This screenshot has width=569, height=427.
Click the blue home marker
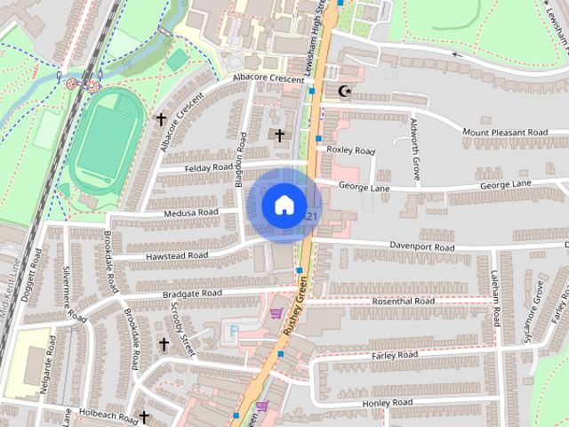(284, 205)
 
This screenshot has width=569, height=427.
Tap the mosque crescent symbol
(345, 91)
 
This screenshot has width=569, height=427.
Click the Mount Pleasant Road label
(504, 133)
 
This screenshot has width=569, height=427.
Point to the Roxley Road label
(351, 150)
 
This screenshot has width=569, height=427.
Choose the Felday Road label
(208, 167)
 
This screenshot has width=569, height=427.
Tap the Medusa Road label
(190, 213)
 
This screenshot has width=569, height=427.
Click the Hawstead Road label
(178, 255)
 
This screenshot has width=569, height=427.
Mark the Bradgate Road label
(192, 293)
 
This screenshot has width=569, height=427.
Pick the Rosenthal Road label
(405, 302)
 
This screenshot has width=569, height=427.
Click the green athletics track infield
(106, 143)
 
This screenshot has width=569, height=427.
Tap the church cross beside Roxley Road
(279, 135)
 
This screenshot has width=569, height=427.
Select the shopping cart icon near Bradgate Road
(276, 313)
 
